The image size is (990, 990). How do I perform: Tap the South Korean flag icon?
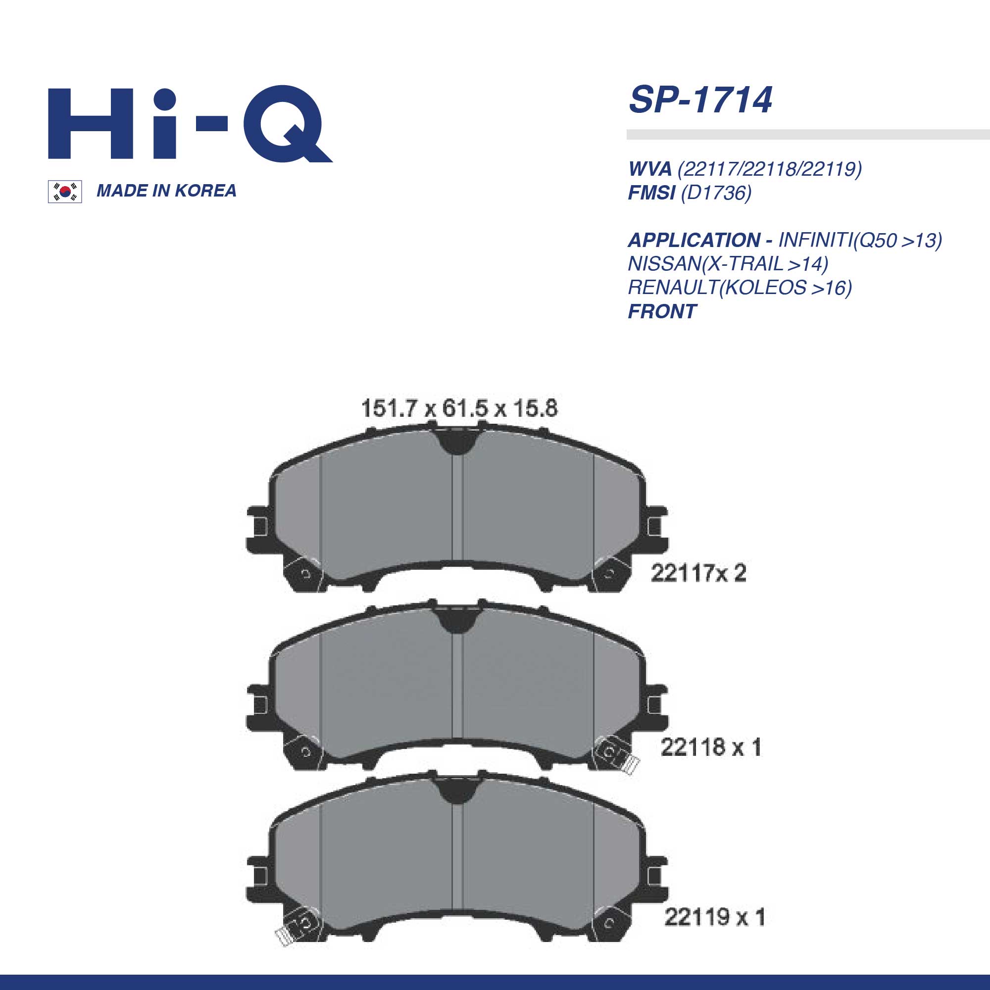(64, 192)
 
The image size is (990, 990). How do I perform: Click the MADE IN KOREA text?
(166, 191)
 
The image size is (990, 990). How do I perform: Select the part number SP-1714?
(700, 100)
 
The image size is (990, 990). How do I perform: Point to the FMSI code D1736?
(716, 193)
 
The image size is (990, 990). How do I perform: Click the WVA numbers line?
(745, 169)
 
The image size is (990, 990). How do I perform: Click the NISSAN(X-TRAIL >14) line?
(728, 264)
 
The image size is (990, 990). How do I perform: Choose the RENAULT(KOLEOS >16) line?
(740, 288)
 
